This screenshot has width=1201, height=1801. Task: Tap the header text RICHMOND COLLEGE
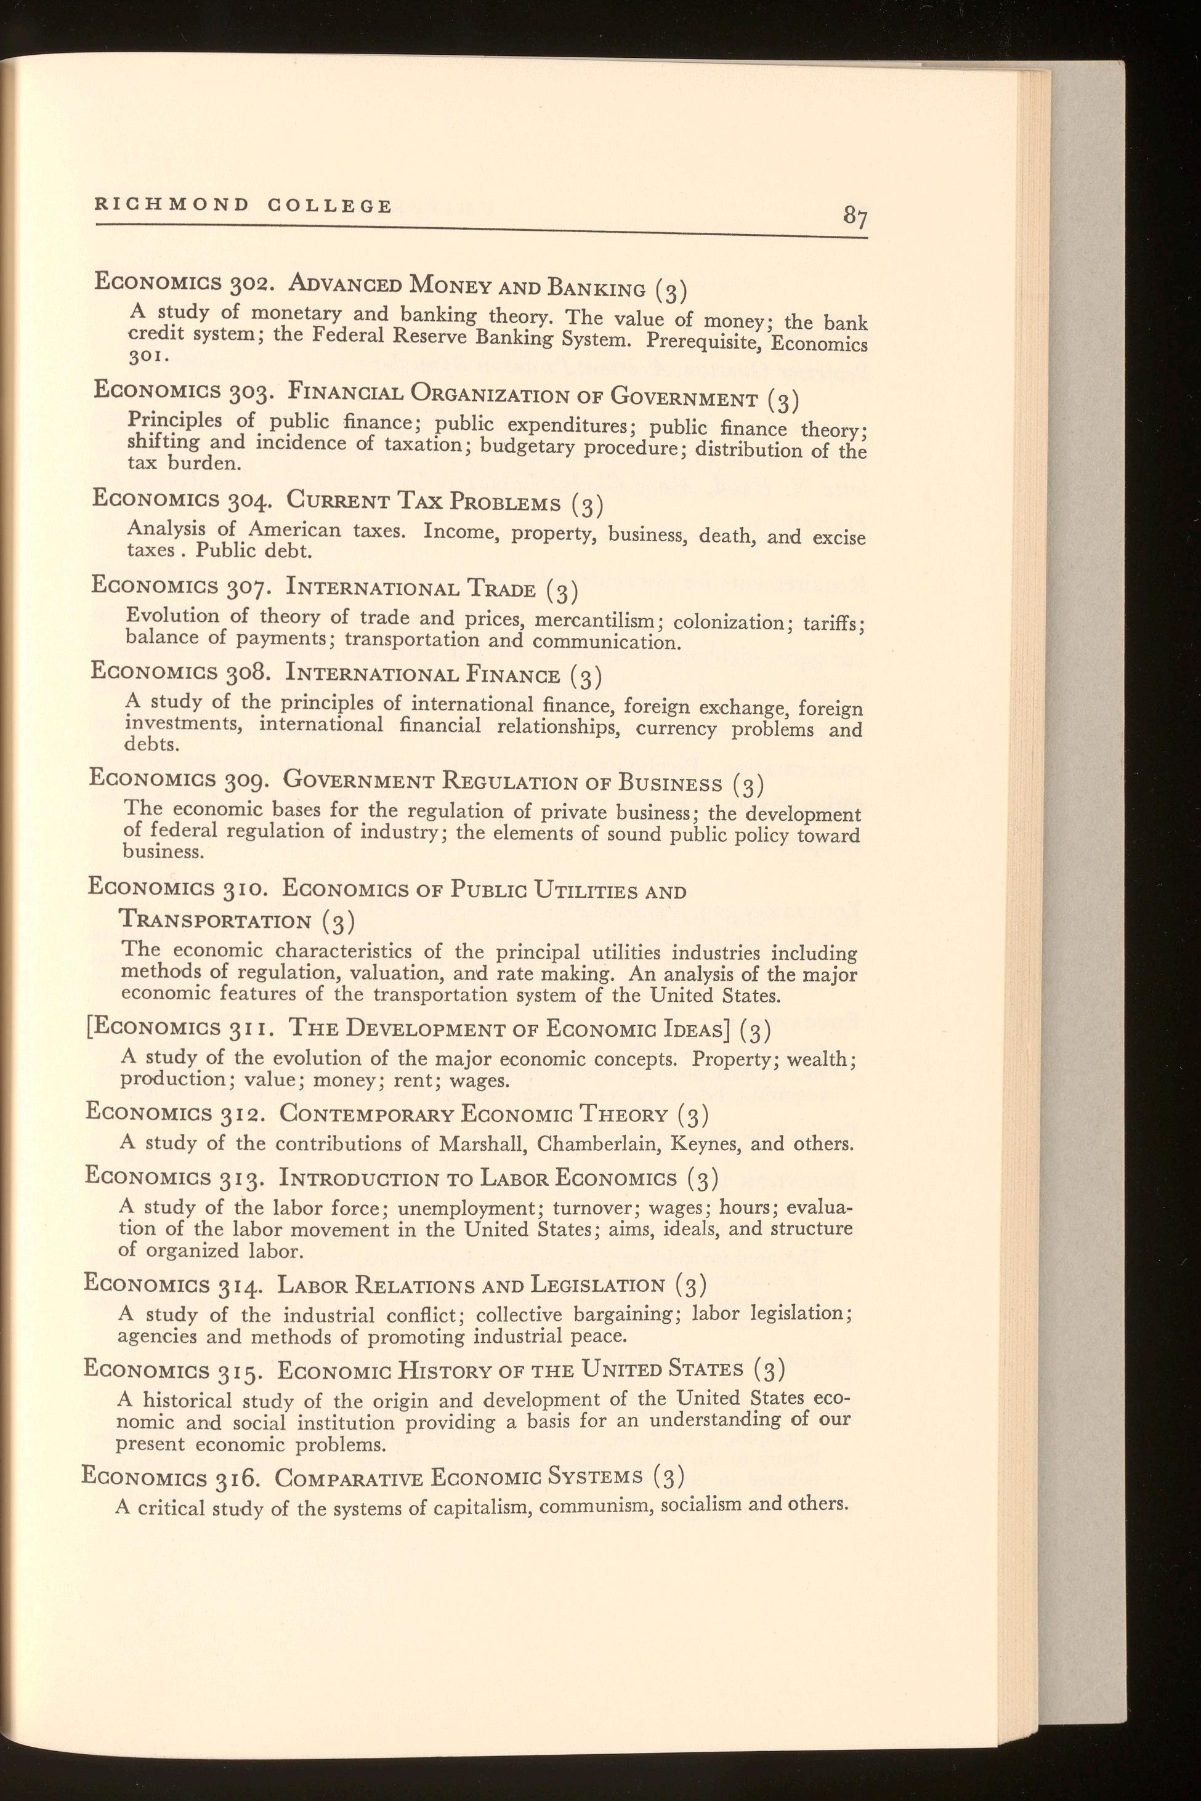pyautogui.click(x=243, y=205)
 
